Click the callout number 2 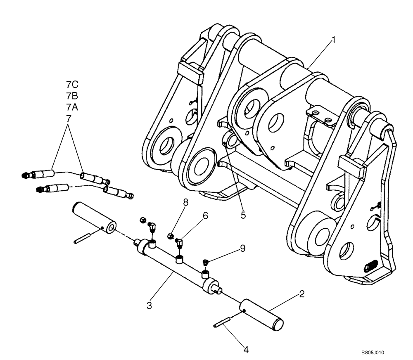(302, 294)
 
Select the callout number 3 (150, 306)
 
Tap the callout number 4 (246, 350)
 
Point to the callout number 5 (243, 215)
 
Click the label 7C (72, 85)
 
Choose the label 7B (72, 96)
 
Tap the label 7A (72, 107)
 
